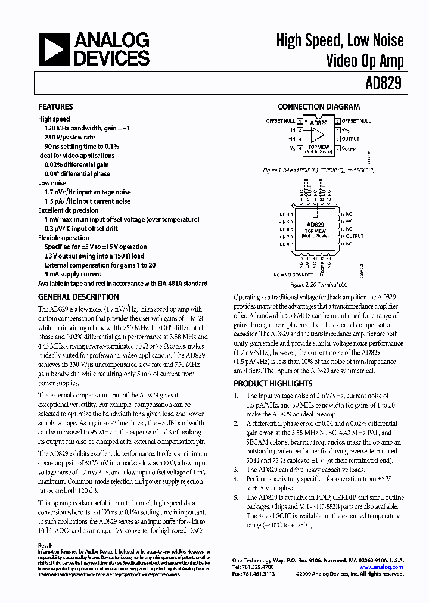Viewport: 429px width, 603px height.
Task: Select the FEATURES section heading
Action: [55, 107]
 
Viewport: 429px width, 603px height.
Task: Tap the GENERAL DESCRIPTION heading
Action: [78, 297]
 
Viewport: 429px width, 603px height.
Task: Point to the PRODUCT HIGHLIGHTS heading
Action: [272, 384]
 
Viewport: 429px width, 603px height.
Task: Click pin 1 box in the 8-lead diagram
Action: [300, 121]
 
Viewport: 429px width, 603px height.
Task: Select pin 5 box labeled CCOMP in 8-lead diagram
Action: [337, 148]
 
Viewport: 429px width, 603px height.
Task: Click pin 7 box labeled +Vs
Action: [337, 130]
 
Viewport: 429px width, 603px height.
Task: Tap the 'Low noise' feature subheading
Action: [52, 183]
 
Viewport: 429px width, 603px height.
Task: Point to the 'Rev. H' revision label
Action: [46, 546]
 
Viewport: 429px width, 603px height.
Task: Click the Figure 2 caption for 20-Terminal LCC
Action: [319, 285]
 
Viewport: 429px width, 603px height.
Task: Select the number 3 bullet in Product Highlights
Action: [236, 470]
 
